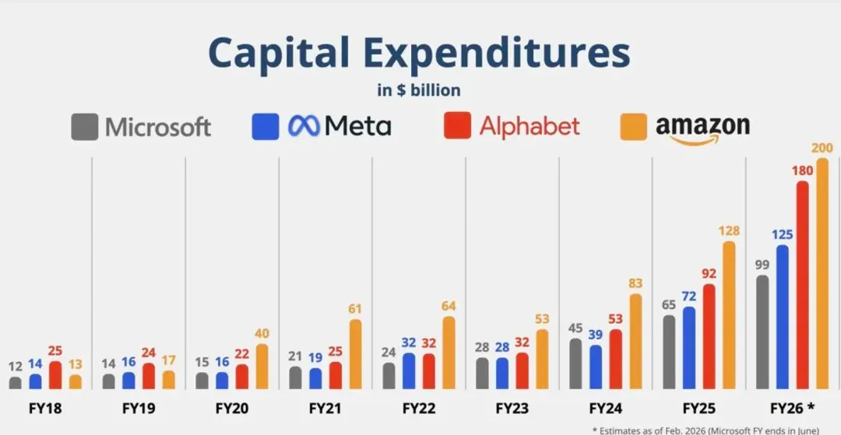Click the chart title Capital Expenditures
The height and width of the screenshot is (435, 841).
pos(419,53)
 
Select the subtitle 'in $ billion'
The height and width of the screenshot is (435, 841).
pos(419,90)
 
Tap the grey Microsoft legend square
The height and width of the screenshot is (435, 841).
pos(84,127)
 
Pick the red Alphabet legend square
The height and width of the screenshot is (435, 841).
pos(457,126)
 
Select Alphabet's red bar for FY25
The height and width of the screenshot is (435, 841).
pos(709,336)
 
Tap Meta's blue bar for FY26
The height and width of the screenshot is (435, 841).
pos(781,317)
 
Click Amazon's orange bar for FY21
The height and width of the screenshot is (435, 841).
pos(355,354)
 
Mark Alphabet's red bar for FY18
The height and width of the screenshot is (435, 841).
pos(55,375)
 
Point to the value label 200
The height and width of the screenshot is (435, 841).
pos(822,148)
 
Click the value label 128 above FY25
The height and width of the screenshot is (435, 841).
pos(729,231)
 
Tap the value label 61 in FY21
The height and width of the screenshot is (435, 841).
pos(355,309)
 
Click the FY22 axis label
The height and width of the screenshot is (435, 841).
pos(419,408)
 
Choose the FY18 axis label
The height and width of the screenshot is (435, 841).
pos(45,408)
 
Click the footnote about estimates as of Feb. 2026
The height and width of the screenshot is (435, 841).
pos(705,430)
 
